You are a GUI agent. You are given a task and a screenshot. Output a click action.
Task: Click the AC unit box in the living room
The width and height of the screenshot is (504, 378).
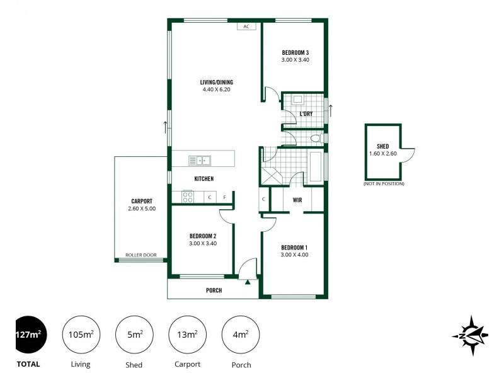point(246,27)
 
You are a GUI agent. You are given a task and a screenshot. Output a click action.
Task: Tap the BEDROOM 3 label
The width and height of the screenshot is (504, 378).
point(295,52)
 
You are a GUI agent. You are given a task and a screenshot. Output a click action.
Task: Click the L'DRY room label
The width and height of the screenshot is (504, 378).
point(306,113)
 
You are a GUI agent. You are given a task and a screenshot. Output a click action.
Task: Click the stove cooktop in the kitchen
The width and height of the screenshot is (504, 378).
point(188,197)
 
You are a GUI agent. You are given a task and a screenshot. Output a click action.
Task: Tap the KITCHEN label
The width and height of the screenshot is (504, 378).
point(203,179)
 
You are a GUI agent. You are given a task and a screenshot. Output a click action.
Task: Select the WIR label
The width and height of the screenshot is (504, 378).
point(297,200)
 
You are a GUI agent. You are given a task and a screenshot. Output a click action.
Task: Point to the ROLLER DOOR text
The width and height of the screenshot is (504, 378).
point(140,255)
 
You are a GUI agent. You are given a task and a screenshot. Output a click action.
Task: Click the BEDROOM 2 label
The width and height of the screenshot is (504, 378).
point(203,236)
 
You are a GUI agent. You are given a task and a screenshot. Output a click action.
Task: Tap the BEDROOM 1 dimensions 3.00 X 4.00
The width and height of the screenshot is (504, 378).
point(295,255)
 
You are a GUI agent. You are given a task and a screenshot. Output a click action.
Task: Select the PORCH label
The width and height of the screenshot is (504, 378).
point(214,290)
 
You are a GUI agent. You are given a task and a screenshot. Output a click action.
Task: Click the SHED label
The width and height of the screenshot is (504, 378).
point(383,146)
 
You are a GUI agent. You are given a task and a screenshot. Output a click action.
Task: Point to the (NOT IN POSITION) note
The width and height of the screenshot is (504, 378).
point(384,183)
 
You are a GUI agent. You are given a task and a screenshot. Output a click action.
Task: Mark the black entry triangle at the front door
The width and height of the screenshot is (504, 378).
point(248,282)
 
